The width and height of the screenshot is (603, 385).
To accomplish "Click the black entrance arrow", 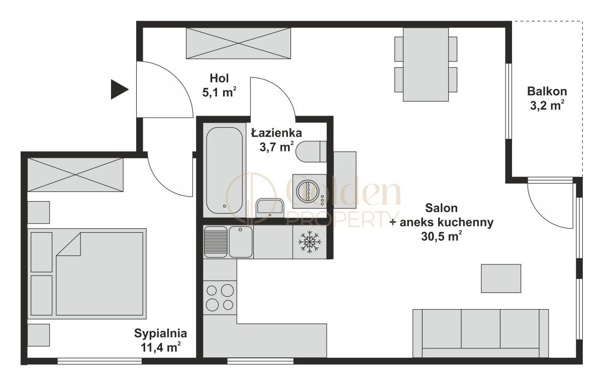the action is (119, 89).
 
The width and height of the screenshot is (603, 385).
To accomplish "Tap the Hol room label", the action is (219, 78).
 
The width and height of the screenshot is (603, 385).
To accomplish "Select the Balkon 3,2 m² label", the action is (547, 99).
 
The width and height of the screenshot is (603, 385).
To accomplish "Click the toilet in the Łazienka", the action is (311, 152).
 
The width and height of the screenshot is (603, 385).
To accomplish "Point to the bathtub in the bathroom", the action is (224, 170).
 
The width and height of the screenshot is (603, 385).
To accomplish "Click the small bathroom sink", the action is (270, 208).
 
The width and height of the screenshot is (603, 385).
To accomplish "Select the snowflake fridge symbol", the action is (310, 242).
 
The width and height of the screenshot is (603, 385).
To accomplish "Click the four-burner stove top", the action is (220, 298).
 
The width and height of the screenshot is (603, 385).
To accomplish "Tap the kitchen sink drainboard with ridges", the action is (216, 242).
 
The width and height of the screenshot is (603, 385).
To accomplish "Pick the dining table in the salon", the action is (426, 65).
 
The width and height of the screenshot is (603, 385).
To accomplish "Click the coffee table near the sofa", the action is (501, 278).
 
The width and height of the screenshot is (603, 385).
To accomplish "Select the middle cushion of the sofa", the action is (480, 329).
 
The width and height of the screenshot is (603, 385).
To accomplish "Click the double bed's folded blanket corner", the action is (68, 244).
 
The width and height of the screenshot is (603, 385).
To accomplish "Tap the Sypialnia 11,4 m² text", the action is (160, 340).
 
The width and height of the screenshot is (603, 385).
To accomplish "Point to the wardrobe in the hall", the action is (239, 43).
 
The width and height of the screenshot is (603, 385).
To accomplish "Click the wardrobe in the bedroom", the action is (75, 175).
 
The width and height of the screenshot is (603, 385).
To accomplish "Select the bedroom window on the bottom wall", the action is (99, 361).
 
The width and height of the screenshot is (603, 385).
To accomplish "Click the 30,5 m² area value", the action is (442, 237).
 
